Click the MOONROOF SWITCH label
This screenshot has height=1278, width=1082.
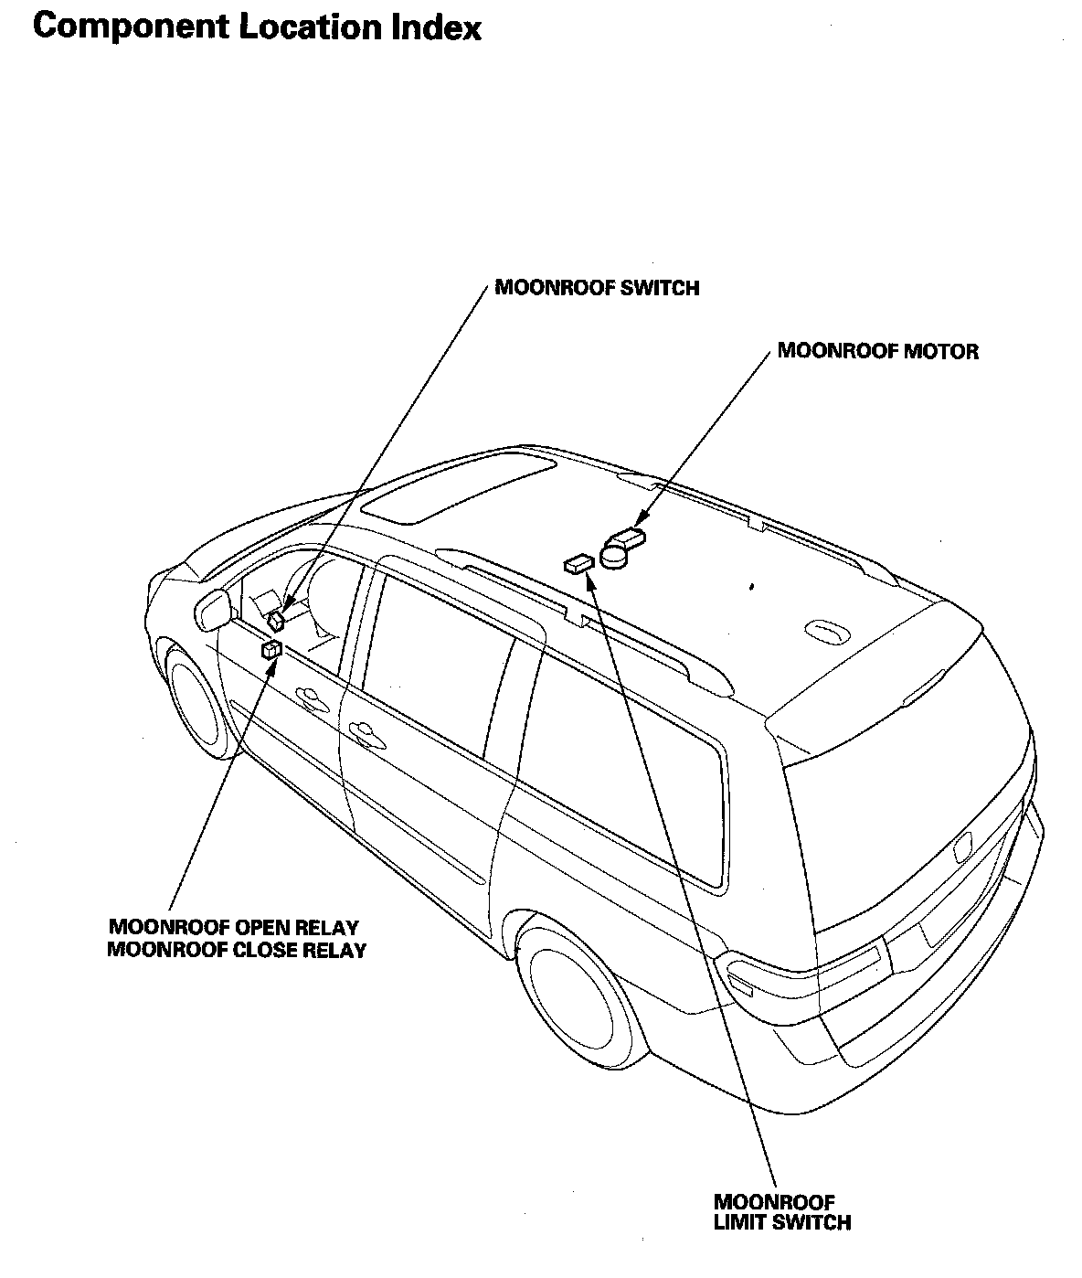(597, 288)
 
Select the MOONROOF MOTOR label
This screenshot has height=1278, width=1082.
(877, 351)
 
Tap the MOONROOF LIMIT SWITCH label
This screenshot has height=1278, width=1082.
(781, 1212)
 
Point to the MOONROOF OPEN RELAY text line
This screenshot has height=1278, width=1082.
(233, 928)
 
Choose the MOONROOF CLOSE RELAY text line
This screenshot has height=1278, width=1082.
(237, 950)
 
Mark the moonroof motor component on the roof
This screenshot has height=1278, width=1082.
(621, 548)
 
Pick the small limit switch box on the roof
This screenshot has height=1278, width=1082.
(578, 564)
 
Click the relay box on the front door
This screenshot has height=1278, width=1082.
(271, 650)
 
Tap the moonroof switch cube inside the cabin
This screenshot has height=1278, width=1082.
(276, 622)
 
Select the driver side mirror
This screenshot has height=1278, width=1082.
(212, 609)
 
